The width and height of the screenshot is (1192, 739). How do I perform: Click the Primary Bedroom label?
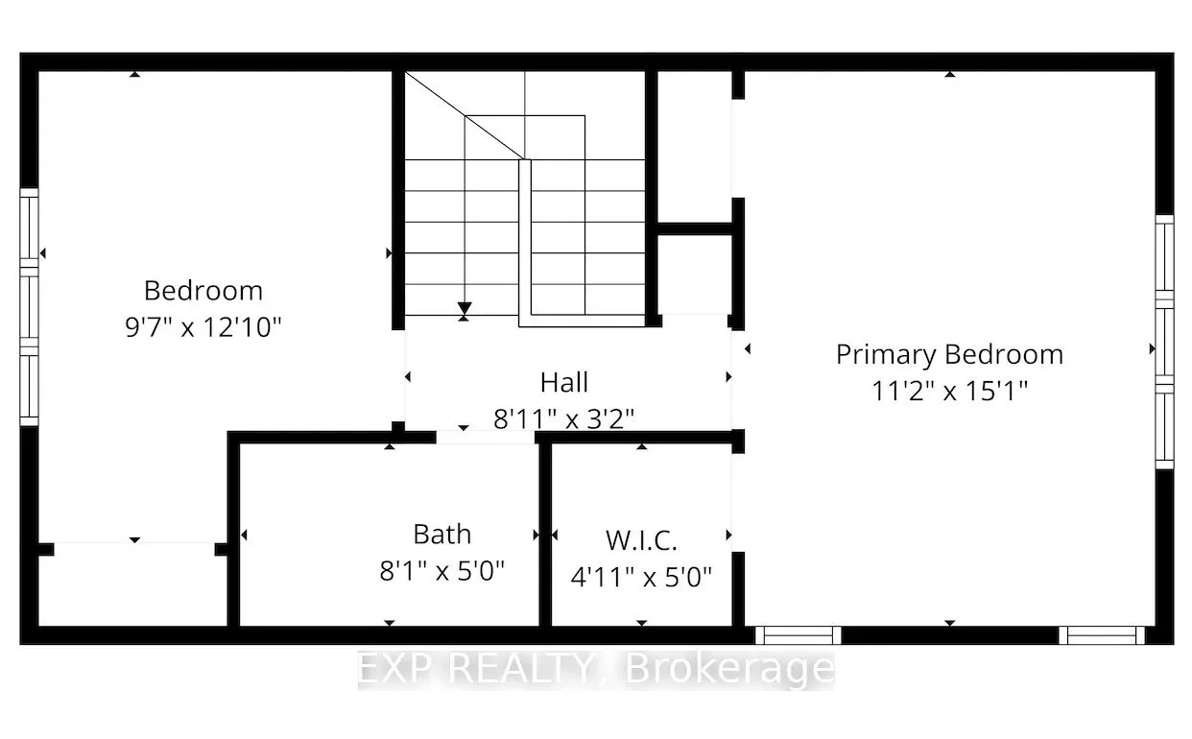pos(949,354)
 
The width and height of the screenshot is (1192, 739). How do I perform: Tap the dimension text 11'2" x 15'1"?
pos(949,391)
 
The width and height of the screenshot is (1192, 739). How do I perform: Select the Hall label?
pos(564,382)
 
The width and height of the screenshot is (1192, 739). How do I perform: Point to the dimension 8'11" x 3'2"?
pos(564,418)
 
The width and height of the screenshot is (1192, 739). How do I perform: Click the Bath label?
pos(442,534)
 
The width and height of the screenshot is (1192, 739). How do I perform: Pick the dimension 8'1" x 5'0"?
pos(442,571)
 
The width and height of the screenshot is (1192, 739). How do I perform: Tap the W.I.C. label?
pos(642,540)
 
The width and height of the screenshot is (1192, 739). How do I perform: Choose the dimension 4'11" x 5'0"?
pos(642,578)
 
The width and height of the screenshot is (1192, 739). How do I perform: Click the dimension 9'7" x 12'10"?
pos(203,327)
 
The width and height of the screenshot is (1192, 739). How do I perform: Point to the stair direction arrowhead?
pos(465,309)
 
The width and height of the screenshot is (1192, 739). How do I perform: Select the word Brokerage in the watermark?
pos(729,669)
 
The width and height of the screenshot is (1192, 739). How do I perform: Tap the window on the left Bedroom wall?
pos(30,306)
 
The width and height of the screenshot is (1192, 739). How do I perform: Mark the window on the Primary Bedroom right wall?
pos(1164,341)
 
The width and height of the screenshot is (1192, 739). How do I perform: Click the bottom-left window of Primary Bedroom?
pos(798,634)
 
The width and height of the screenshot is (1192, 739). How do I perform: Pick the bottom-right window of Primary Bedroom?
pos(1103,634)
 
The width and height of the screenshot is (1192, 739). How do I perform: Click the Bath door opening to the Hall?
pos(486,437)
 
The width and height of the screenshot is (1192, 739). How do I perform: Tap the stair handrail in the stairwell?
pos(525,240)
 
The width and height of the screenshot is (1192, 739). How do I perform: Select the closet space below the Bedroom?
pos(132,585)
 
